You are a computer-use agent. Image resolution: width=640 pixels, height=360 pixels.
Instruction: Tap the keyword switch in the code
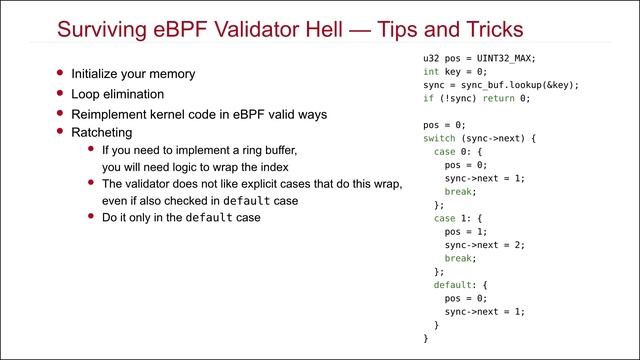click(439, 138)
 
